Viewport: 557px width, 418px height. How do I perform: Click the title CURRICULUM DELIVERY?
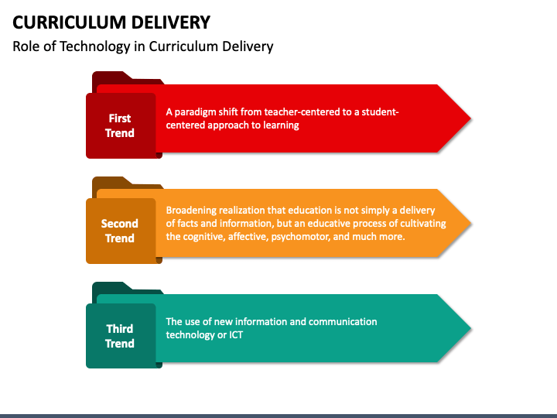(111, 21)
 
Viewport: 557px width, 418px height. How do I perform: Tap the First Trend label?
(120, 125)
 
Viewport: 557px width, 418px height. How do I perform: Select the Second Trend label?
(120, 231)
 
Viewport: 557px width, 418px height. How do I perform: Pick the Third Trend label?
(120, 336)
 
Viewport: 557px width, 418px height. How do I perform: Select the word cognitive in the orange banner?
(207, 236)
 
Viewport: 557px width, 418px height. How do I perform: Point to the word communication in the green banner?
(343, 321)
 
